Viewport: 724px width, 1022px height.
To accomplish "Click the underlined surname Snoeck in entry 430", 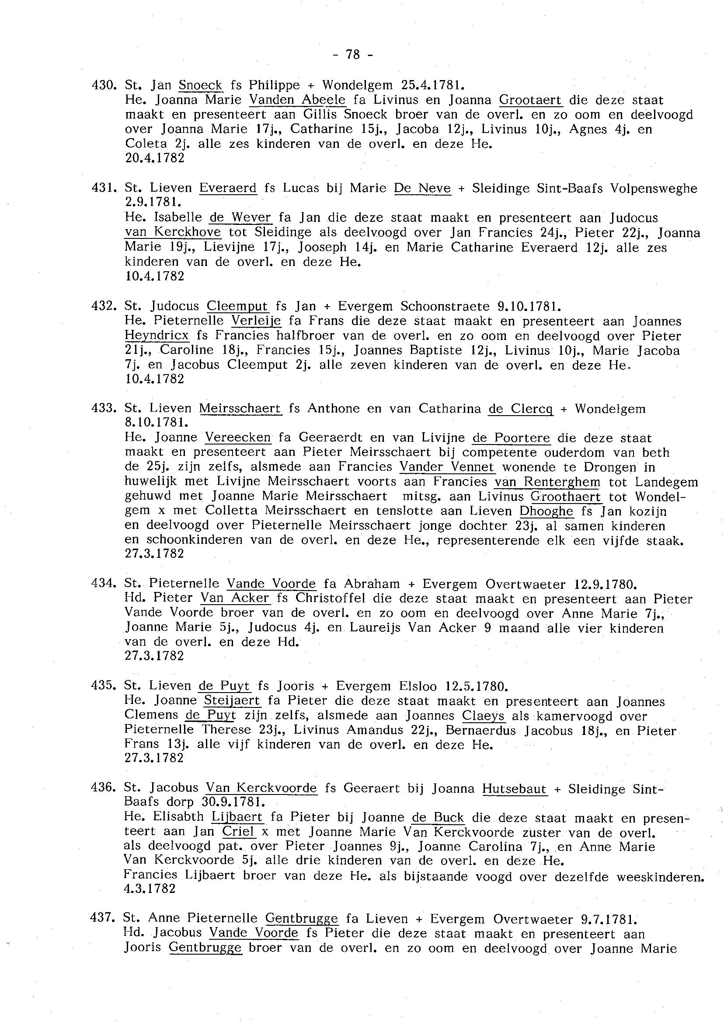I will point(200,85).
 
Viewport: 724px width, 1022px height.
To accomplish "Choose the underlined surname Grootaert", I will point(530,99).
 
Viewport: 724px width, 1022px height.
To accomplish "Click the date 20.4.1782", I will point(155,158).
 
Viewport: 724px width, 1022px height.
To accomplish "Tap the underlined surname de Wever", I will point(240,218).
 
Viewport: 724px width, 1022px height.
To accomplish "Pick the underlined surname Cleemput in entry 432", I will point(237,306).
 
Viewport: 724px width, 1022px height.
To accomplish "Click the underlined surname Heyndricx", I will point(157,336).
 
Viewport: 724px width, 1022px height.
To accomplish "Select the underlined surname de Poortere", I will point(511,438).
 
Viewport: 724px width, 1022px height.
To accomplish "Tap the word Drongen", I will point(605,468).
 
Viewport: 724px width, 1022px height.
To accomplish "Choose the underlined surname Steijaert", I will point(232,700).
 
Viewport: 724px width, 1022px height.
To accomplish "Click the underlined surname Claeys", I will point(483,716).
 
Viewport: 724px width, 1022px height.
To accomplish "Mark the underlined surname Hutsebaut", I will point(514,789).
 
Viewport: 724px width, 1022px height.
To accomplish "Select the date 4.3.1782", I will point(150,889).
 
